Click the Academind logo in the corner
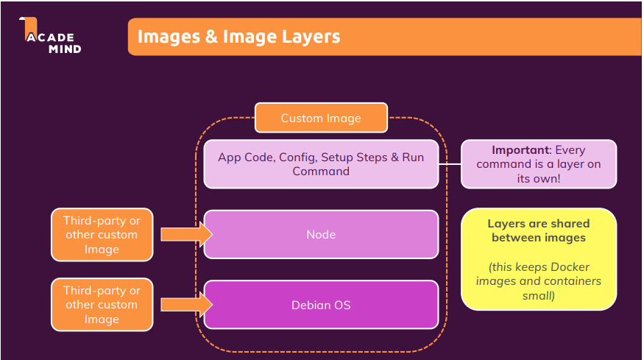[x=50, y=37]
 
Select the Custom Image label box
[x=321, y=118]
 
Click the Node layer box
[x=321, y=235]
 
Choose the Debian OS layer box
[x=321, y=304]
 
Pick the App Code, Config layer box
[x=321, y=163]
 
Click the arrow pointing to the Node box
[x=186, y=235]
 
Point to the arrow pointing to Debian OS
[x=186, y=304]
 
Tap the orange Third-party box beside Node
[x=102, y=235]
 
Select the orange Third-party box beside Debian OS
[x=102, y=304]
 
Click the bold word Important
[x=520, y=149]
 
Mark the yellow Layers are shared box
[x=539, y=258]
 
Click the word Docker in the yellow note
[x=571, y=267]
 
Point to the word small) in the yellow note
[x=539, y=295]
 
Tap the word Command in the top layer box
[x=321, y=171]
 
